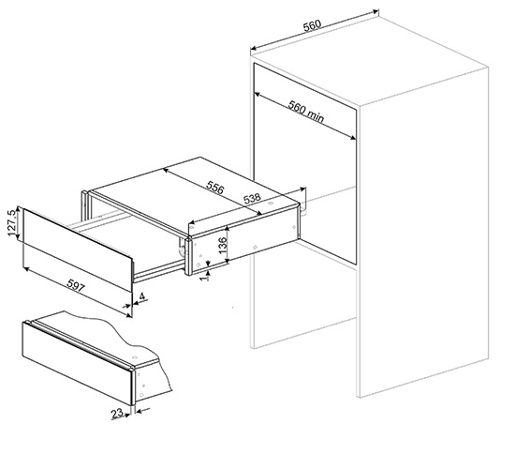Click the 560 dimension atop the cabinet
(312, 25)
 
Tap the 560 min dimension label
(306, 112)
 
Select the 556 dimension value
(215, 188)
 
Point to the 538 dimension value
(252, 198)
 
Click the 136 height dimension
(223, 245)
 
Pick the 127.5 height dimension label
(12, 222)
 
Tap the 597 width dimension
(76, 285)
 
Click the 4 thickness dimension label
(142, 296)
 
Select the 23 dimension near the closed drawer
(117, 414)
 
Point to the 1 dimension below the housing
(206, 278)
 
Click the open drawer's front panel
(78, 250)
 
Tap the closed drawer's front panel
(77, 364)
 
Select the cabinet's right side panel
(423, 232)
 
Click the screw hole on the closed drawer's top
(134, 357)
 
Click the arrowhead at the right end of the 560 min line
(353, 138)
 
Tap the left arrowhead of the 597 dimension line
(26, 269)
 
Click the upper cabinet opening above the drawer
(305, 131)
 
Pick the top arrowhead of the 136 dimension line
(228, 229)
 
